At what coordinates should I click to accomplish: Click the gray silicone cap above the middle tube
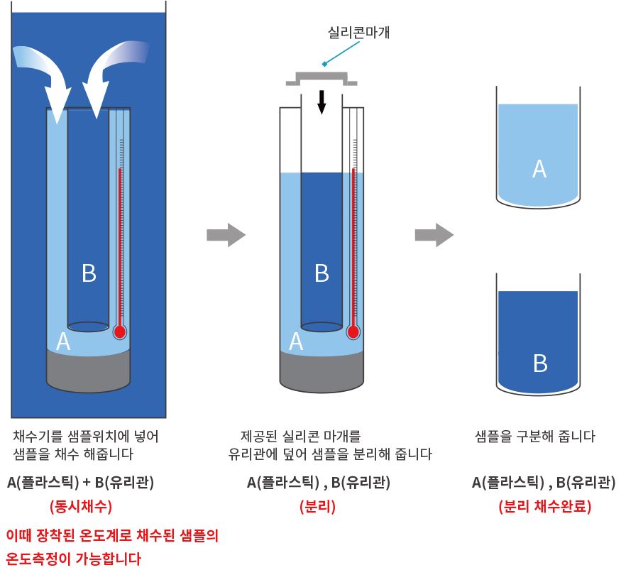(x=322, y=77)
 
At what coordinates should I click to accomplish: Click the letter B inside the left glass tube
(x=89, y=273)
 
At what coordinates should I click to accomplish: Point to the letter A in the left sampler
(x=63, y=342)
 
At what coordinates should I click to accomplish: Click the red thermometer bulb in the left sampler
(x=119, y=331)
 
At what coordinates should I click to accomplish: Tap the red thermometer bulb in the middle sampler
(x=353, y=331)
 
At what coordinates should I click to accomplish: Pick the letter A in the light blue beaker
(x=539, y=169)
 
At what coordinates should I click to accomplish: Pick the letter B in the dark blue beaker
(x=540, y=363)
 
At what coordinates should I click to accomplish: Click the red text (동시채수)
(x=80, y=507)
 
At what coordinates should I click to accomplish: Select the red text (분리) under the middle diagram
(x=317, y=507)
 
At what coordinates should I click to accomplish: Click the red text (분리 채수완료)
(x=544, y=507)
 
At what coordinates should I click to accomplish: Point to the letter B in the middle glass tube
(x=322, y=273)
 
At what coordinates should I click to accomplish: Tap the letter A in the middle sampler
(x=297, y=342)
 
